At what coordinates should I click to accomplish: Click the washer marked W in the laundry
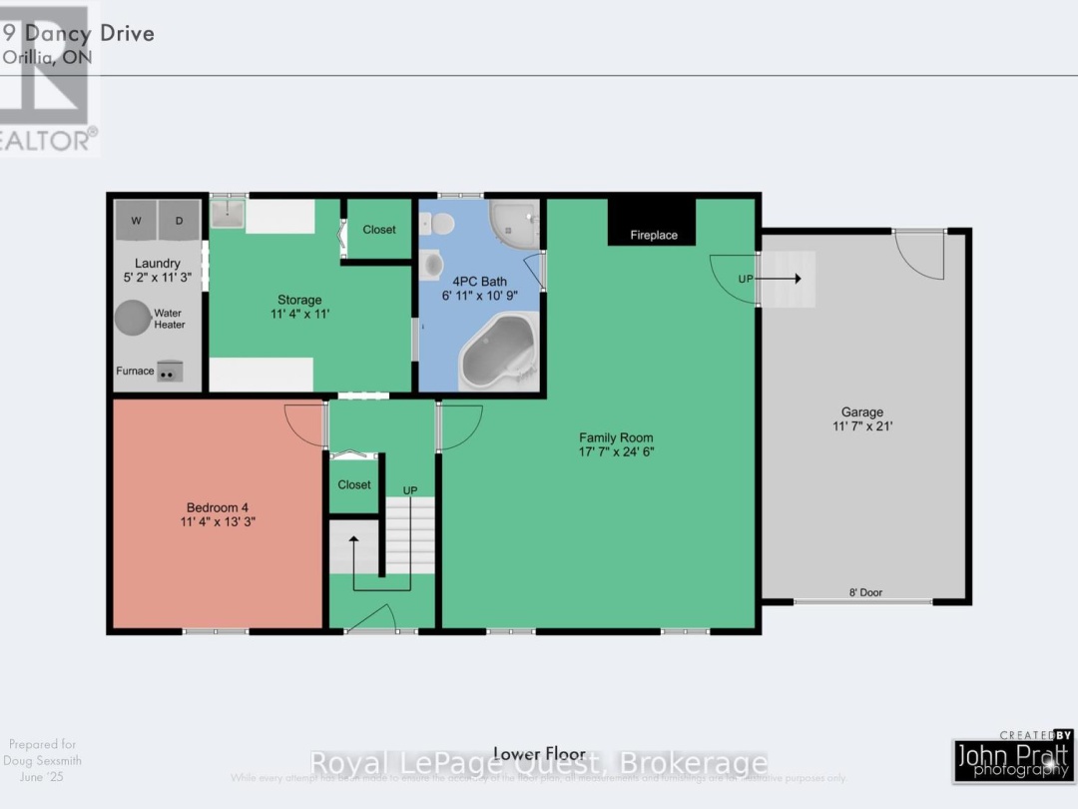[135, 221]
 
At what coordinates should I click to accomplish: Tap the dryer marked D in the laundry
[179, 221]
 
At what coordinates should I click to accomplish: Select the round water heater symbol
[132, 319]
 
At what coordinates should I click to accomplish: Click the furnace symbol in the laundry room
[170, 371]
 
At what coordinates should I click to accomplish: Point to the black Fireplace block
[653, 223]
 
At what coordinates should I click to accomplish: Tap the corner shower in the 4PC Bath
[513, 226]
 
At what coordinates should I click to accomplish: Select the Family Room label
[617, 437]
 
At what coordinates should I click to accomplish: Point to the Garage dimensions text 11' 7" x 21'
[861, 426]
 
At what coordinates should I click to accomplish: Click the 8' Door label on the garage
[863, 593]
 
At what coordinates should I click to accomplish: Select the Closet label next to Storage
[379, 230]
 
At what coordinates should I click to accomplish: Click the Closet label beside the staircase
[354, 485]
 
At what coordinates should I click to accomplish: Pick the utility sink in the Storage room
[227, 214]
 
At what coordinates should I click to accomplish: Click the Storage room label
[299, 300]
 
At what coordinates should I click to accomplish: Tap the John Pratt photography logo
[1012, 758]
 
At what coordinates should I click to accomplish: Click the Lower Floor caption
[531, 753]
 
